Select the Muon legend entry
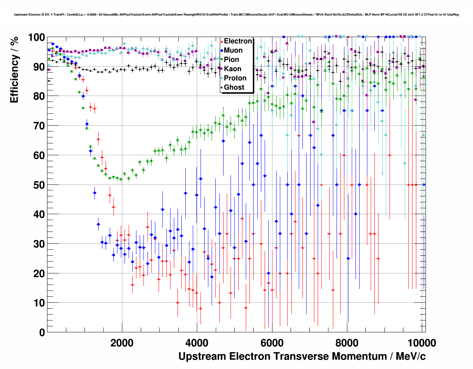[x=233, y=50]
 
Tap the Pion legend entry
[x=231, y=60]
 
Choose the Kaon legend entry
[x=232, y=69]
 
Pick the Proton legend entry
[x=235, y=78]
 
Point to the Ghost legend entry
[x=234, y=87]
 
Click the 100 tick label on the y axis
[x=36, y=37]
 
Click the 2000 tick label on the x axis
[x=122, y=343]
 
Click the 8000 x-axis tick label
[x=347, y=343]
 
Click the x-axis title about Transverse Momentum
[x=302, y=356]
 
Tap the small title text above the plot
[x=236, y=15]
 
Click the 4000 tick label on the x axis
[x=197, y=343]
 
